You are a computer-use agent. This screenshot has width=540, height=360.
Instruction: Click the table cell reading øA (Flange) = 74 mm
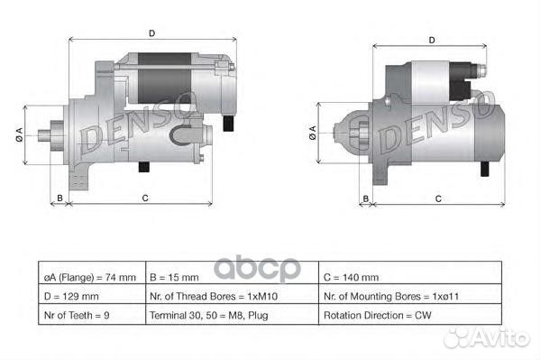coord(89,277)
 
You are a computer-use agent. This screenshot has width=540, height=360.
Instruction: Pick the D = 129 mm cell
coord(89,296)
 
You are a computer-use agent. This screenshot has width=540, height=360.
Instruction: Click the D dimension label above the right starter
coord(433,40)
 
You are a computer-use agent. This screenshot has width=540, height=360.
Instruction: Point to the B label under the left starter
coord(59,198)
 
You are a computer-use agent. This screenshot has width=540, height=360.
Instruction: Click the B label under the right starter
coord(366,198)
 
